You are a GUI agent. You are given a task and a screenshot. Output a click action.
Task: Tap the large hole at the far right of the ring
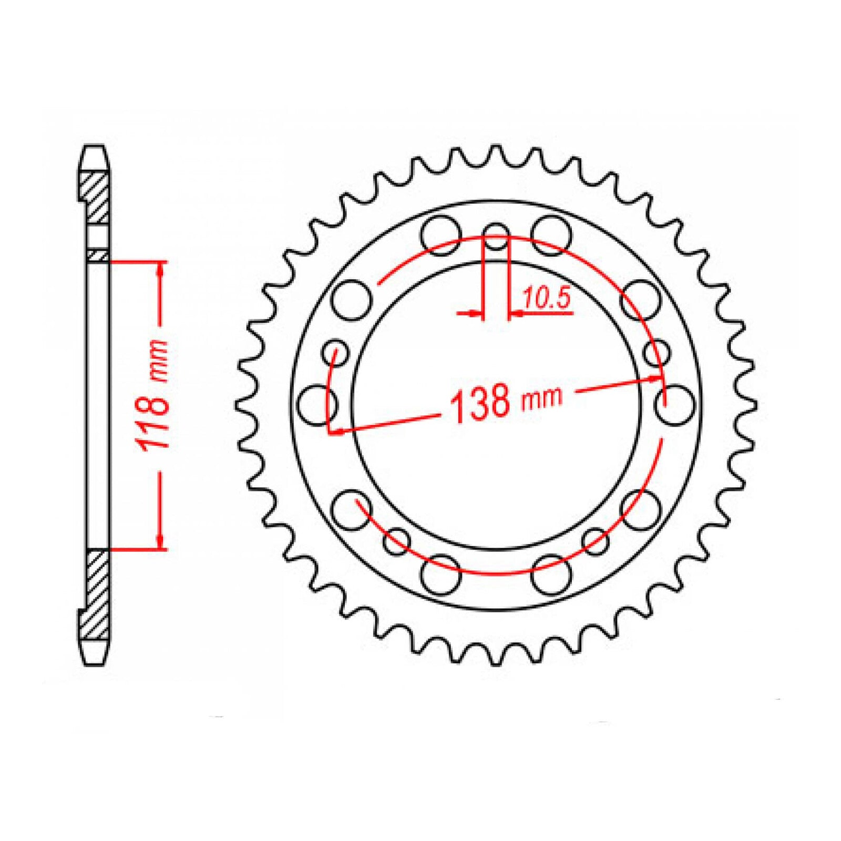tap(676, 404)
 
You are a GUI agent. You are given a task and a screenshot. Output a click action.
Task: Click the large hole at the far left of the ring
tap(316, 404)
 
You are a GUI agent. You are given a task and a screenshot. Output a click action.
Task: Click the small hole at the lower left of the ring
tap(396, 541)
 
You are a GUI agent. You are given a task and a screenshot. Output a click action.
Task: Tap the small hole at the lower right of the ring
tap(596, 541)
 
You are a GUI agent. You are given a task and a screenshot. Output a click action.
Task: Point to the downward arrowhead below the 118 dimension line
tap(161, 541)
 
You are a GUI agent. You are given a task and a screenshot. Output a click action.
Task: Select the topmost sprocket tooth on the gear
tap(496, 152)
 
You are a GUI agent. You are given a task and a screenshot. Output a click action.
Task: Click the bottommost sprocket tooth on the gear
tap(496, 657)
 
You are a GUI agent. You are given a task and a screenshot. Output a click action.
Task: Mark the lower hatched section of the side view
tap(97, 594)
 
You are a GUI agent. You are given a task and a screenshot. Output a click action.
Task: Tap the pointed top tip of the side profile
tap(95, 147)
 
